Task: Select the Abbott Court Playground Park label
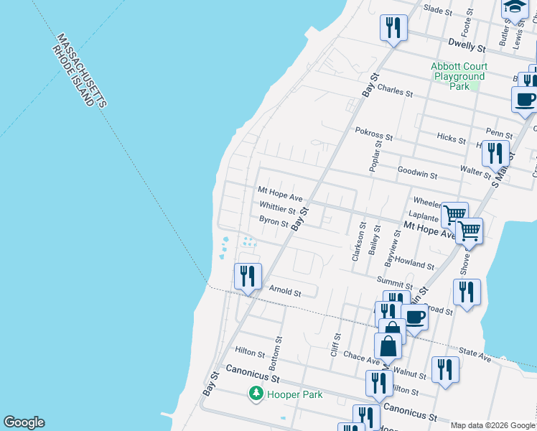458,76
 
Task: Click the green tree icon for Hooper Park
256,394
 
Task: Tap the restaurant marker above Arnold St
248,276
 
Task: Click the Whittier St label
277,210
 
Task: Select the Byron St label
274,222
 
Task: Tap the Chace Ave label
361,356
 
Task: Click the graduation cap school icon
515,8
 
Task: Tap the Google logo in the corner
24,422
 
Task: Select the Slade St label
438,11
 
